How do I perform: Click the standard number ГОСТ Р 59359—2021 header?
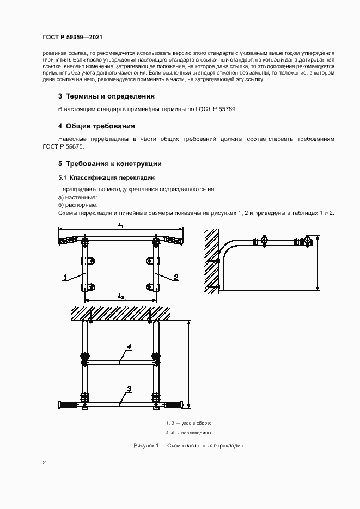(x=72, y=38)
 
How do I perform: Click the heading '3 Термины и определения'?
(x=106, y=96)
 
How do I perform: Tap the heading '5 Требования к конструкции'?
(x=109, y=163)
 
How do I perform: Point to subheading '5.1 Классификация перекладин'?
(x=107, y=177)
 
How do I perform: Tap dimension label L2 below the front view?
(x=121, y=296)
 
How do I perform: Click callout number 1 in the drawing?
(x=65, y=277)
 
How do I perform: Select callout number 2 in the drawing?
(x=176, y=277)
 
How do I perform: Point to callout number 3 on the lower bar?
(x=129, y=389)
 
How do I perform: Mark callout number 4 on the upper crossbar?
(x=129, y=347)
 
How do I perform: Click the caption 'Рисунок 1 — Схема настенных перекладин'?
(x=188, y=446)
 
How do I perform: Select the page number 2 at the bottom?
(x=44, y=463)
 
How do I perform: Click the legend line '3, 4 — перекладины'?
(x=188, y=433)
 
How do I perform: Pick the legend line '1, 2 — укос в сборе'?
(x=188, y=423)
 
